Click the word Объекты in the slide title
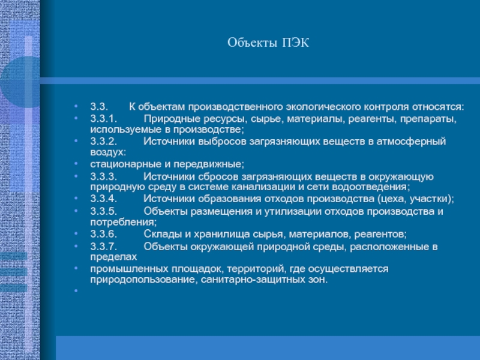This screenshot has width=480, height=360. coord(252,43)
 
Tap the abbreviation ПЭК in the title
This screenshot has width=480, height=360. coord(295,43)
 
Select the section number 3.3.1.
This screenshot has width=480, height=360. coord(104,118)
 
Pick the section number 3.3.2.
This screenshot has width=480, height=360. coord(104,141)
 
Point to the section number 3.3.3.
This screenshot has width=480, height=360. coord(104,176)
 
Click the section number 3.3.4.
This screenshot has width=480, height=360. coord(104,199)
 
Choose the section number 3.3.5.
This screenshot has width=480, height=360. coord(104,211)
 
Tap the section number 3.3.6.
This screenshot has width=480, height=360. coord(104,234)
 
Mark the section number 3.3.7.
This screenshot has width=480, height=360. coord(104,247)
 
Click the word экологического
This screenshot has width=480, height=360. coord(323,107)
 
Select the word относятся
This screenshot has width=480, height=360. coord(438,107)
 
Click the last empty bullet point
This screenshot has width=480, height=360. coord(76,290)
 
